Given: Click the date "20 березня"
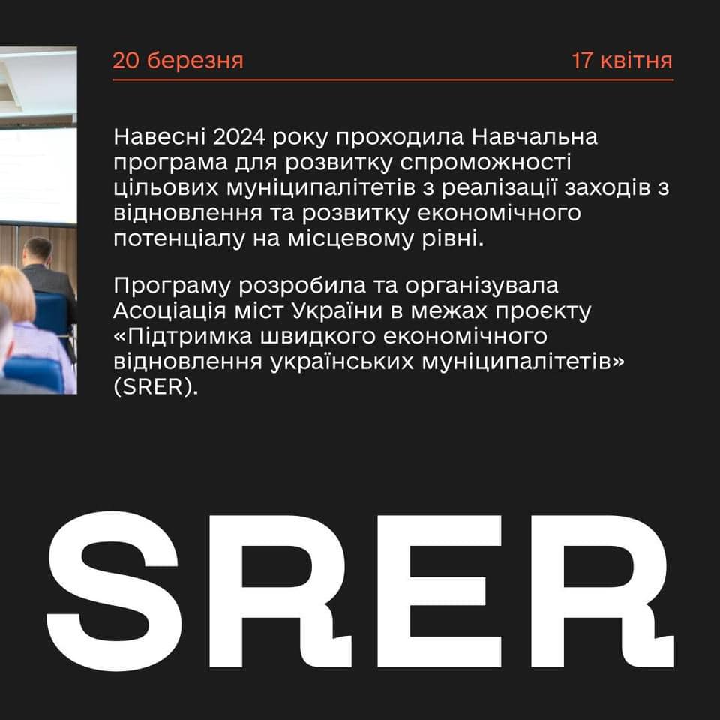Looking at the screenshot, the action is pos(178,61).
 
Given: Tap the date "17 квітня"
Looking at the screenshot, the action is pos(622,61).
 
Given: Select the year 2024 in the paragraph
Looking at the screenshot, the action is pos(238,136).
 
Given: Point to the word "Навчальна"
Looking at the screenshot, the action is pos(535,136).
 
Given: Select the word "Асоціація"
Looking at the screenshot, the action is pos(169,310).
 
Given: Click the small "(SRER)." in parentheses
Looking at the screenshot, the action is pos(156,388).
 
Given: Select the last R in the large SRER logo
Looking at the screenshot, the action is pos(602,592).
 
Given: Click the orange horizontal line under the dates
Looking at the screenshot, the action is pos(392,80).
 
